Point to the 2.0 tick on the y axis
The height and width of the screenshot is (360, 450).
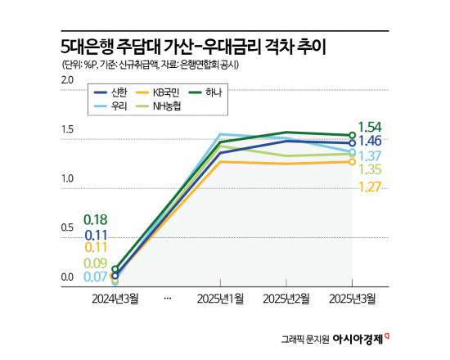[x=67, y=79]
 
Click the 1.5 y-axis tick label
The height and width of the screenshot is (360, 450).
[x=67, y=129]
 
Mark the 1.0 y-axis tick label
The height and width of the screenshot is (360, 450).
[x=67, y=178]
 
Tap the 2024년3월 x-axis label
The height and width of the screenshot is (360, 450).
[x=115, y=299]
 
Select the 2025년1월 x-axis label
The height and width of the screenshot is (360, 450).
[x=221, y=299]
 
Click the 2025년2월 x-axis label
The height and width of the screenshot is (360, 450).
[x=286, y=299]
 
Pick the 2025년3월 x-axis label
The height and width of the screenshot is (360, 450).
[x=353, y=299]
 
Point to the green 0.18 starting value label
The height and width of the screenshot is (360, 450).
[x=97, y=220]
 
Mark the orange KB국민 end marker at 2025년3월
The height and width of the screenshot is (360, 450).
[x=353, y=162]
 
